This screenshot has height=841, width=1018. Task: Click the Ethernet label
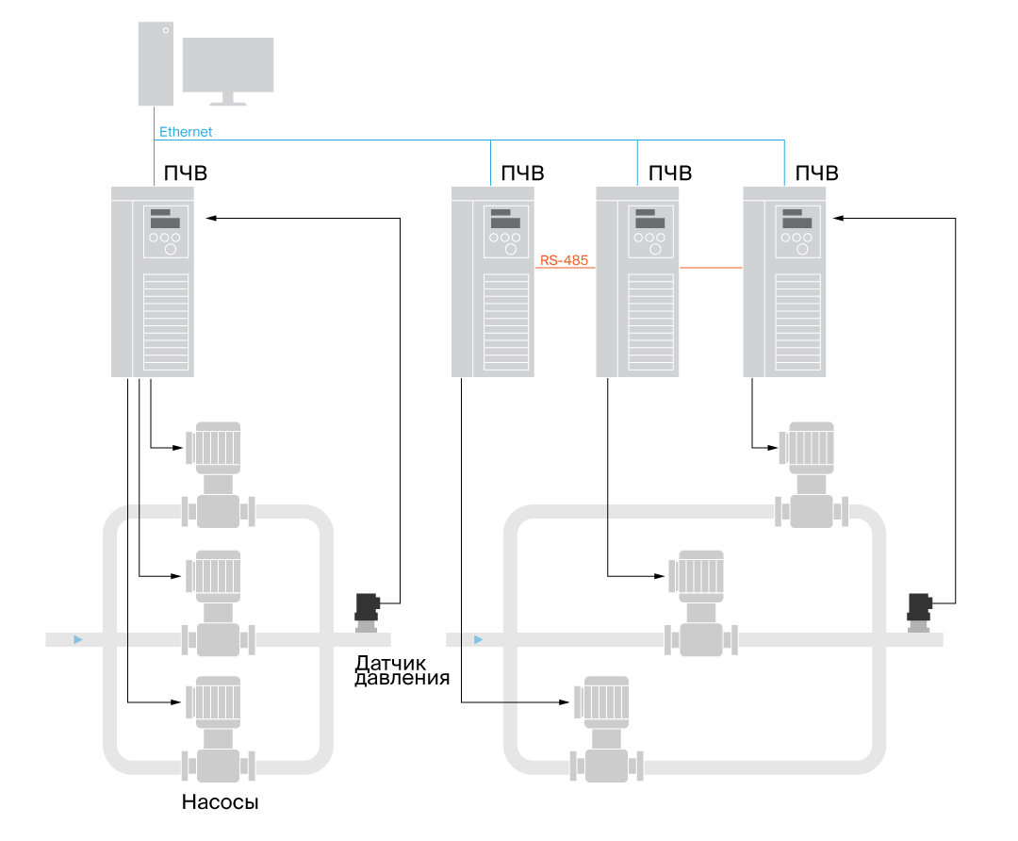coord(186,132)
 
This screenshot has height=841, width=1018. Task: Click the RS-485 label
coord(565,259)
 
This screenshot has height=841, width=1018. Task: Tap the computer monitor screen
coord(227,64)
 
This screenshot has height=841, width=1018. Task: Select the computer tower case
coord(156,62)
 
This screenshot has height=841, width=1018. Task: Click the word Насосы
coord(220,804)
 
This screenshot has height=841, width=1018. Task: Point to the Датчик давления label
coord(402,670)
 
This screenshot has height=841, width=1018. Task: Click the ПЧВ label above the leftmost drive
coord(186,173)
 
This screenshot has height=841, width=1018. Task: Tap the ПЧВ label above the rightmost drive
coord(817,173)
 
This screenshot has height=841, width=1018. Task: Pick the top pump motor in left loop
coord(215,446)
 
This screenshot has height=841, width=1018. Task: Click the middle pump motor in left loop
coord(215,574)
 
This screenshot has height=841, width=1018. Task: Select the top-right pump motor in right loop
coord(809,445)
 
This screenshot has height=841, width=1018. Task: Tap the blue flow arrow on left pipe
coord(77,640)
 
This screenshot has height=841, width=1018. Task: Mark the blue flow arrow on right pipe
coord(478,640)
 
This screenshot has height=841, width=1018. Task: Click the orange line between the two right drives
coord(711,268)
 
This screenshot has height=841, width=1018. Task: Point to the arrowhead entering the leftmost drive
coord(211,218)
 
